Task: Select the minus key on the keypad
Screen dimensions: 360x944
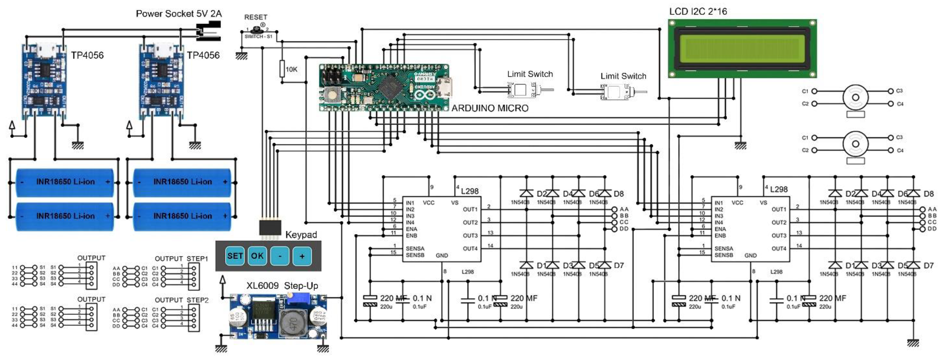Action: click(280, 256)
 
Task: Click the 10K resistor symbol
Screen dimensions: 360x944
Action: click(282, 69)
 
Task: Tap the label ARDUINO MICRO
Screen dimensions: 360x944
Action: click(490, 108)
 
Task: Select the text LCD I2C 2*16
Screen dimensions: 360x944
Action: click(698, 11)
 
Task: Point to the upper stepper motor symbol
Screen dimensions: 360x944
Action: click(855, 97)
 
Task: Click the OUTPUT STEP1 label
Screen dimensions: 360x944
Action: click(181, 259)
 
